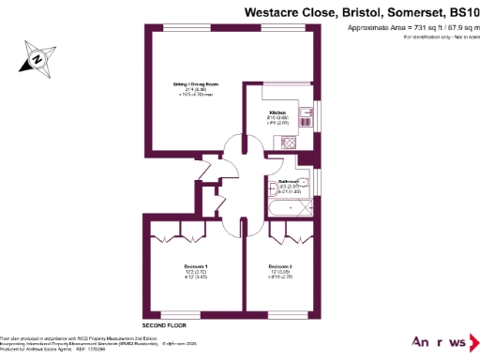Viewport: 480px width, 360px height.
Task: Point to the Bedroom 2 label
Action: point(280,266)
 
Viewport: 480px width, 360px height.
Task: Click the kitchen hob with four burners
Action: point(289,142)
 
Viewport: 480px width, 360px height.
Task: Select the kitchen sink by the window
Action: point(307,117)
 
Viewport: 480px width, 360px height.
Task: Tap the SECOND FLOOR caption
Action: point(161,323)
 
